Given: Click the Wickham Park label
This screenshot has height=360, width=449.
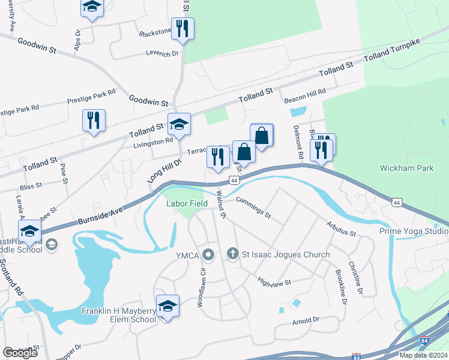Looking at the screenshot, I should [x=406, y=169].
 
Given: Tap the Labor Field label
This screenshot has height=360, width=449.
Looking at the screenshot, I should [x=187, y=204].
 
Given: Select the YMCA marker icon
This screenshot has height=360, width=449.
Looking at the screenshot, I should [x=209, y=255].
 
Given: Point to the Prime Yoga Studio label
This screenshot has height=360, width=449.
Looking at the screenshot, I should [x=414, y=231].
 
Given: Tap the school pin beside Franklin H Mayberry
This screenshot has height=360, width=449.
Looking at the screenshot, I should [x=168, y=306].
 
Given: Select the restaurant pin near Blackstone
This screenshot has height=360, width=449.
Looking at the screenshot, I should [x=182, y=29].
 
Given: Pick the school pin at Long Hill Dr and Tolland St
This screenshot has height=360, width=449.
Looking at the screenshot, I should [x=179, y=124].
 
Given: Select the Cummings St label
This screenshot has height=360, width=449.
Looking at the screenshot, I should [x=253, y=207].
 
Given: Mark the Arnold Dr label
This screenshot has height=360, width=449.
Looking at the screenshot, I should [x=305, y=321].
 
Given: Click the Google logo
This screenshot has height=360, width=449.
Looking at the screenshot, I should [x=20, y=353].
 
